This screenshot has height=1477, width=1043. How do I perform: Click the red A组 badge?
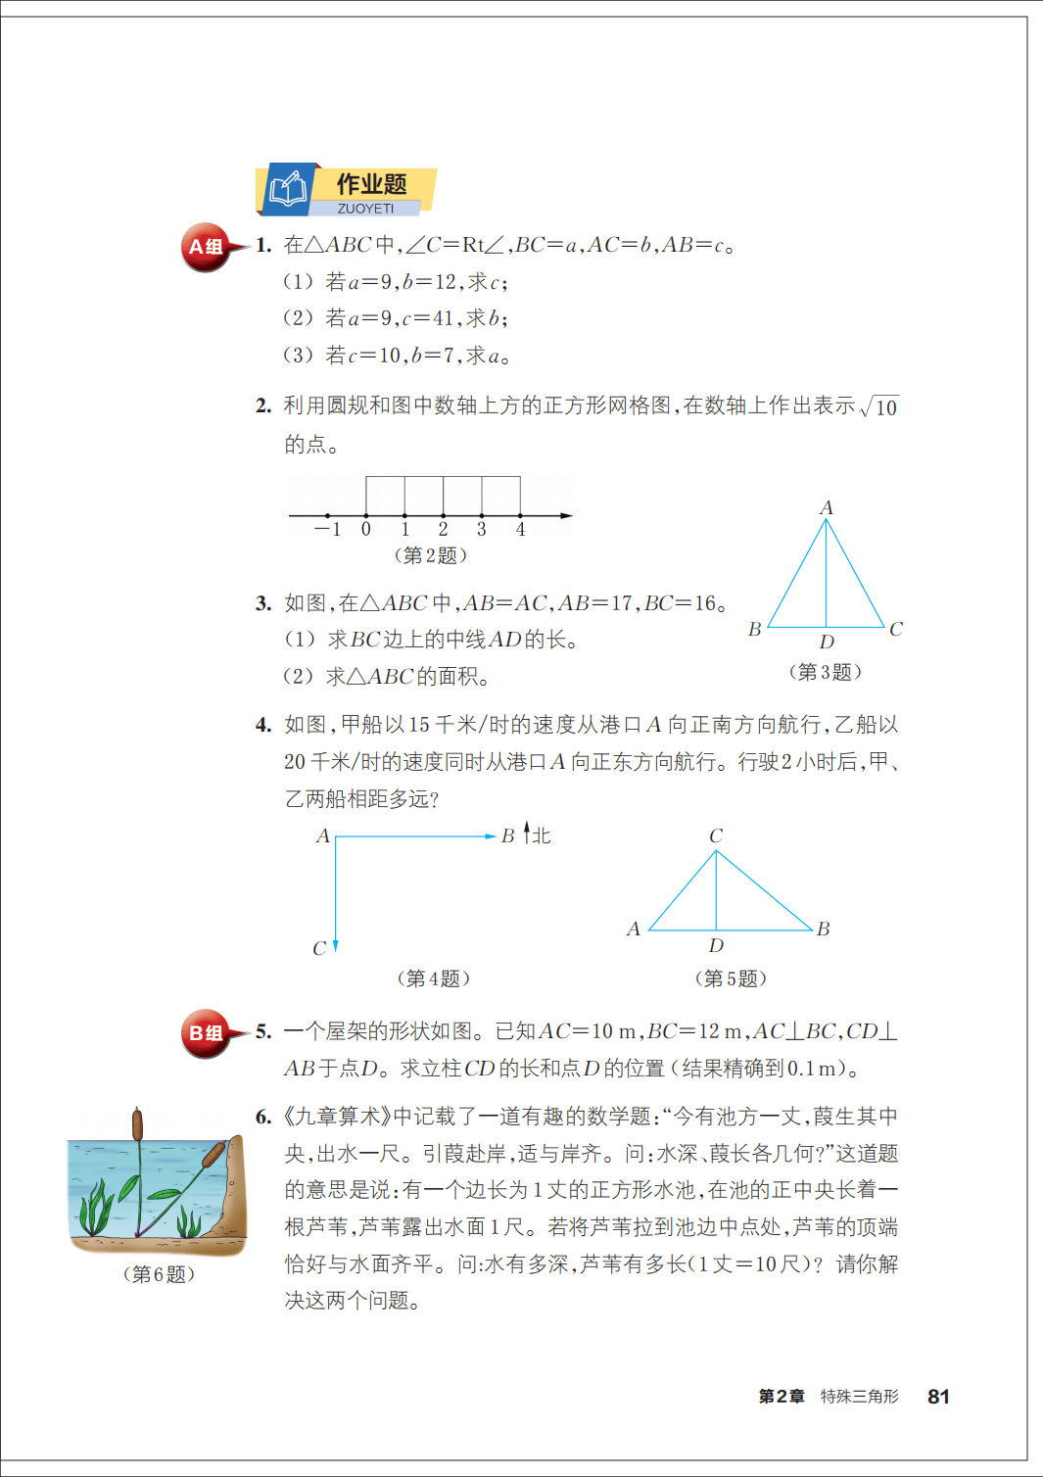(206, 247)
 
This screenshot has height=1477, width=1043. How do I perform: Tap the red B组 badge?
(206, 1033)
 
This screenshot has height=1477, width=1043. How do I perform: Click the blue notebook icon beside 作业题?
(288, 189)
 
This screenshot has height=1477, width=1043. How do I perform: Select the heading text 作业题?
(372, 184)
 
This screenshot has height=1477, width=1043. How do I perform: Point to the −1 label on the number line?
(328, 530)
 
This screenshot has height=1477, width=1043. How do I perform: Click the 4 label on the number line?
(520, 530)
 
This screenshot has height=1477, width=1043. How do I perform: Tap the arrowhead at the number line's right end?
(566, 515)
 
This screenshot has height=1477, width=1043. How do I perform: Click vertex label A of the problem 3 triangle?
(826, 507)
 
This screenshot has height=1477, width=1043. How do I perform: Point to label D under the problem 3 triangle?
(827, 643)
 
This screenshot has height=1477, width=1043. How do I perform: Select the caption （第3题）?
(826, 672)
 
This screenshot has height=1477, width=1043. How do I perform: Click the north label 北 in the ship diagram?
(541, 835)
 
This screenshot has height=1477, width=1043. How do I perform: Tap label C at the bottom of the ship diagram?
(319, 948)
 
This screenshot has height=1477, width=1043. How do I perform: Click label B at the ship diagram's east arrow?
(507, 836)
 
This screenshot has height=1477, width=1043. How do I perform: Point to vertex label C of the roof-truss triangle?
(716, 835)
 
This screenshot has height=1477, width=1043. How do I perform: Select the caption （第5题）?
(731, 978)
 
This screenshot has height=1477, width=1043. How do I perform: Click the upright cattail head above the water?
(138, 1124)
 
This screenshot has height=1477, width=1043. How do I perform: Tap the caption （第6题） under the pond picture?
(159, 1274)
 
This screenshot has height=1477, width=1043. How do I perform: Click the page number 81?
(938, 1397)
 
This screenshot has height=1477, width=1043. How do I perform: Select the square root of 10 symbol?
(879, 406)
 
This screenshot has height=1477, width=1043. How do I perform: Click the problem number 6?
(263, 1117)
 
